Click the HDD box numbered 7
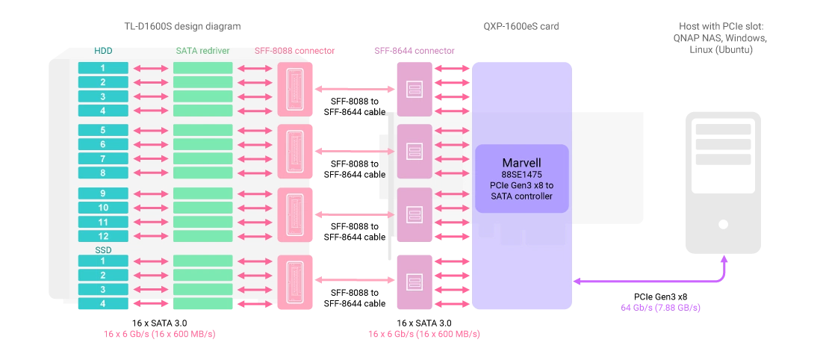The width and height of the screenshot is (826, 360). tap(103, 158)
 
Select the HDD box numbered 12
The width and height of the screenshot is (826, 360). tap(103, 236)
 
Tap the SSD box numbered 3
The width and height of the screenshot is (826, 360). tap(103, 289)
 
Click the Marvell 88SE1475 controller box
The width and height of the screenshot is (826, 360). tap(522, 179)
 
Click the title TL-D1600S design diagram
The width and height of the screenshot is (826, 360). tap(180, 26)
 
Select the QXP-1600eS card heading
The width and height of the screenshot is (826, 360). tap(521, 26)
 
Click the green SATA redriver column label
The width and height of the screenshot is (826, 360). tap(203, 51)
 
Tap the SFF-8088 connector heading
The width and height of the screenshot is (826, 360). tap(294, 51)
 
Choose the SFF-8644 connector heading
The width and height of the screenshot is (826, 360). tap(414, 51)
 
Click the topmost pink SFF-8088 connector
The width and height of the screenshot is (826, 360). tap(295, 89)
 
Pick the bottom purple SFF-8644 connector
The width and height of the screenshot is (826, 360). tap(414, 282)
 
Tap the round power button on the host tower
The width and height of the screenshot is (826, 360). tap(723, 224)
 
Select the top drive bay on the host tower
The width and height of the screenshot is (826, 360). tap(723, 130)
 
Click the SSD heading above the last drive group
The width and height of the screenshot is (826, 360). tap(103, 249)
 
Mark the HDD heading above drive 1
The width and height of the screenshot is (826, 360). tap(103, 51)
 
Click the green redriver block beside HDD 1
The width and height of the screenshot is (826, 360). tap(203, 68)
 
